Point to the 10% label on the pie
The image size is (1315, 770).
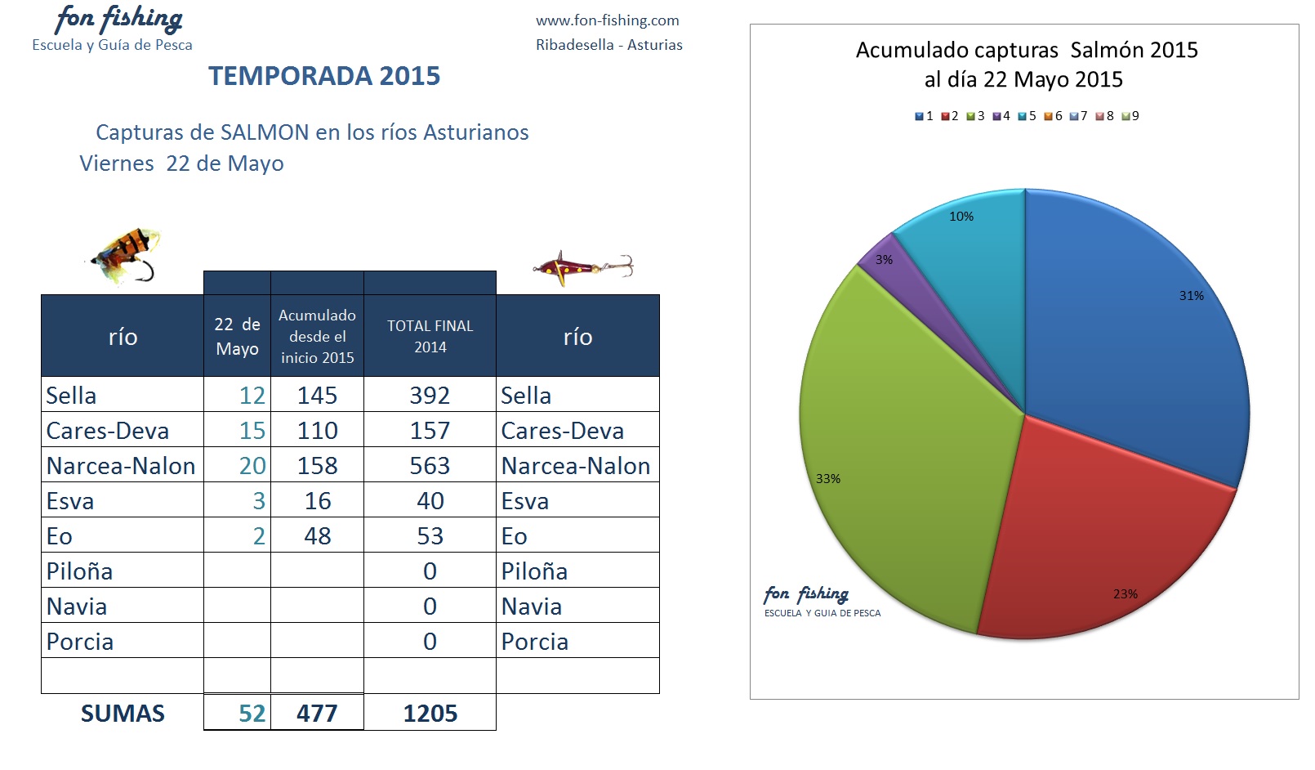point(961,217)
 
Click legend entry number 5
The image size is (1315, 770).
point(1027,116)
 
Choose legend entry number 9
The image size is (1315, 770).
point(1130,116)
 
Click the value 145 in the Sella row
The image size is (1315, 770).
point(317,396)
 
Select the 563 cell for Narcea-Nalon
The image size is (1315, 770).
point(430,466)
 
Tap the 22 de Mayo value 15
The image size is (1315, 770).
point(252,431)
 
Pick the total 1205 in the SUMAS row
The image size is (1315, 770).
point(430,713)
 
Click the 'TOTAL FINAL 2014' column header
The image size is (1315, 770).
point(430,336)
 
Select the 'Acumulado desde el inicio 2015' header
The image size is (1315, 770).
point(317,336)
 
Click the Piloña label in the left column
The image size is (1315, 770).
point(79,571)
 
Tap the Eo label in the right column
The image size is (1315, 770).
point(515,536)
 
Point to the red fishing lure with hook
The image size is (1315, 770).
point(583,268)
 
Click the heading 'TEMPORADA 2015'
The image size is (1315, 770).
point(324,76)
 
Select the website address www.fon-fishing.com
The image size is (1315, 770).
point(608,20)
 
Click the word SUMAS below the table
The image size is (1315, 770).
point(123,713)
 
